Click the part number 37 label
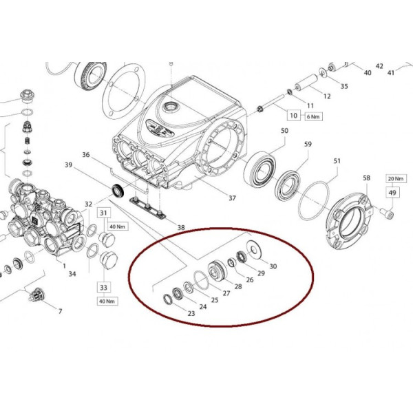coord(232,198)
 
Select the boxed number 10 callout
coord(293,115)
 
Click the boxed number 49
coord(392,193)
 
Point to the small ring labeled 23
coord(167,298)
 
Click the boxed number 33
coord(105,287)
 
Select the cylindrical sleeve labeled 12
coord(304,84)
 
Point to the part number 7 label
coord(59,312)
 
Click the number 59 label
coord(308,145)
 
